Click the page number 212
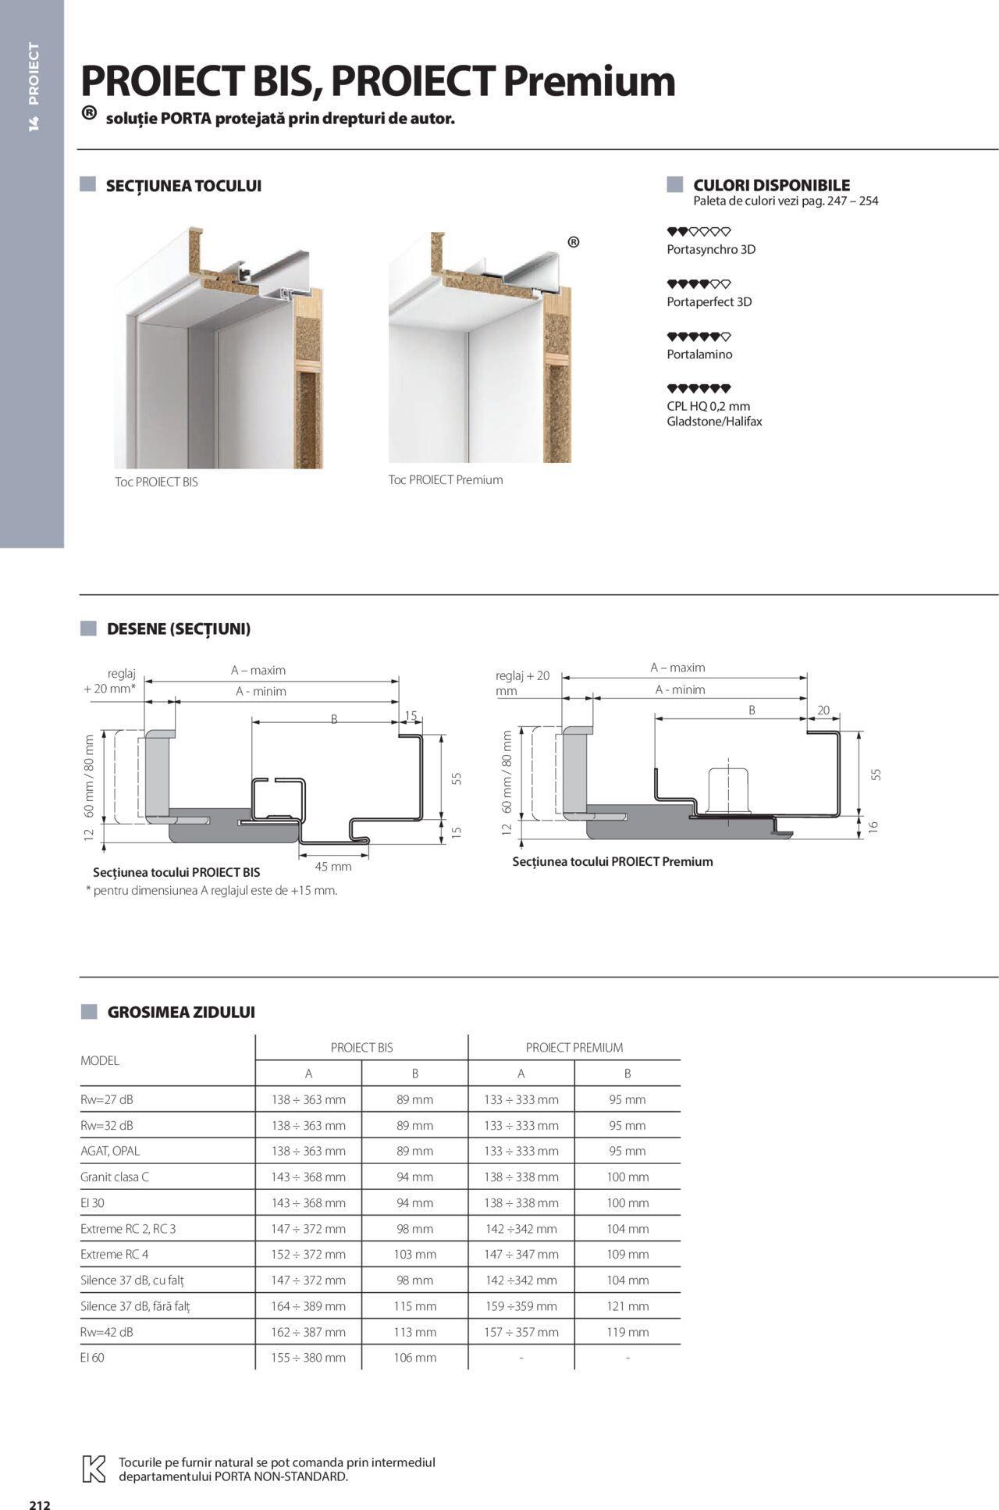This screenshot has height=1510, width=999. (40, 1498)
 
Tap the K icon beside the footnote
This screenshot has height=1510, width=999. (94, 1469)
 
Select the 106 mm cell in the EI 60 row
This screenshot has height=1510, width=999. (414, 1357)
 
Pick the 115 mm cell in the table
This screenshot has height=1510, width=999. (414, 1305)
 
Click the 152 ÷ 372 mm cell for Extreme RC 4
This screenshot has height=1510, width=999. (308, 1254)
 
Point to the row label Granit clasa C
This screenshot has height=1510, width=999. (115, 1177)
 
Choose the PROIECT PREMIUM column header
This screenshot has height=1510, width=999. (574, 1047)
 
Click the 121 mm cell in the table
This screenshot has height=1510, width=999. (627, 1305)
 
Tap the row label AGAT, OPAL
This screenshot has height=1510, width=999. (110, 1151)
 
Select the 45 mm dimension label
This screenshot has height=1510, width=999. (333, 866)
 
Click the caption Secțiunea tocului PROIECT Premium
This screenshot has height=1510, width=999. (613, 861)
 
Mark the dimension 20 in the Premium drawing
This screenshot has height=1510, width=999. (823, 710)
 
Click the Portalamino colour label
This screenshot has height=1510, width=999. (699, 354)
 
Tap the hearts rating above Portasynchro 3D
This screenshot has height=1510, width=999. (699, 232)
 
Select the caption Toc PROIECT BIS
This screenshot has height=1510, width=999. (156, 482)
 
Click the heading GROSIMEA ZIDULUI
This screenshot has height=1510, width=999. (181, 1012)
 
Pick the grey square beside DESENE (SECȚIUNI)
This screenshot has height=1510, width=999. (88, 629)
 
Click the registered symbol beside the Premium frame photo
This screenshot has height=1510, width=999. (574, 242)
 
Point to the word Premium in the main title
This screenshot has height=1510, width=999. (588, 81)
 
